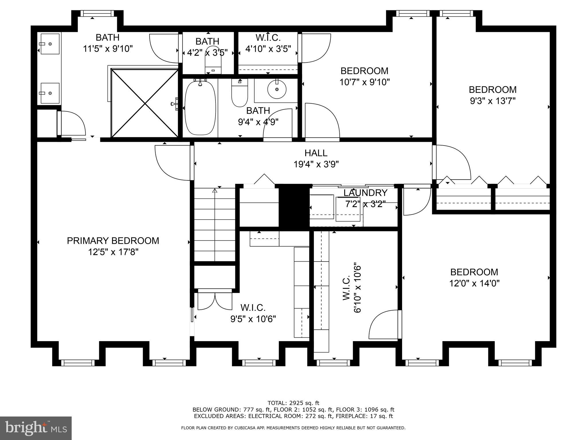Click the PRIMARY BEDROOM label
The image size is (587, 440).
(113, 241)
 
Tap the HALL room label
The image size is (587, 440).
(316, 153)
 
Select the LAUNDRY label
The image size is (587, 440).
(365, 193)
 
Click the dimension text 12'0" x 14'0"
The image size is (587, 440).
(474, 283)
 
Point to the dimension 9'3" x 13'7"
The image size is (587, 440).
(492, 101)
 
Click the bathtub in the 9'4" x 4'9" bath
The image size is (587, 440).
(200, 108)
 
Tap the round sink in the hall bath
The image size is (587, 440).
(277, 89)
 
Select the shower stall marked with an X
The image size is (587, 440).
(145, 103)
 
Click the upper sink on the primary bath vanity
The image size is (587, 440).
(50, 44)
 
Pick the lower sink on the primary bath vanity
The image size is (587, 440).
(50, 93)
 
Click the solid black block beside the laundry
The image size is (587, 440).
(294, 206)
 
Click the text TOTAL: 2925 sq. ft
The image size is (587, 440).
(293, 403)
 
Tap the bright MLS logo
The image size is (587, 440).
(36, 428)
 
